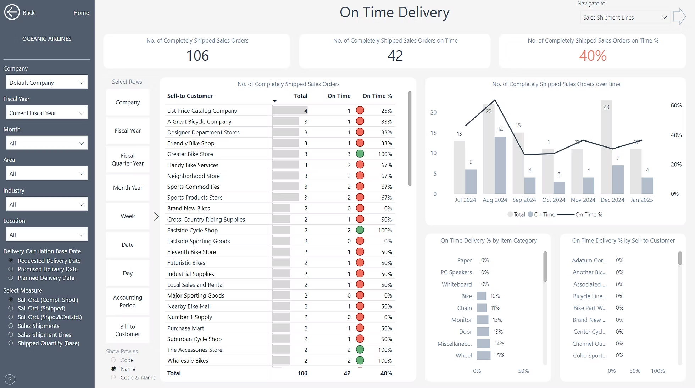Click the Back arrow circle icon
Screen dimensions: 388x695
tap(12, 12)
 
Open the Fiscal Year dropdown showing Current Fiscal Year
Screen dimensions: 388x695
tap(46, 113)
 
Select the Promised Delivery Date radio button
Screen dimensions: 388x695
tap(11, 269)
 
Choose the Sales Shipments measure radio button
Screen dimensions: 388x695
tap(11, 326)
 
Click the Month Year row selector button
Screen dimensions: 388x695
tap(128, 188)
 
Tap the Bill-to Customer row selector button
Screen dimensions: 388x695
tap(128, 330)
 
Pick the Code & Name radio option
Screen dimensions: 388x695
tap(113, 377)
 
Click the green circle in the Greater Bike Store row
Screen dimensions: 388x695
tap(360, 154)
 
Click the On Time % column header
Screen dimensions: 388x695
tap(377, 96)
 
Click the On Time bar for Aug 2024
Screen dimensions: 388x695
tap(500, 165)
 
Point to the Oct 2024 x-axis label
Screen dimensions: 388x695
tap(554, 200)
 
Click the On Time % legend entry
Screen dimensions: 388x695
tap(589, 215)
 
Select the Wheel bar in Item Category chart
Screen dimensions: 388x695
tap(483, 355)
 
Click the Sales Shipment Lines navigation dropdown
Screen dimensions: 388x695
tap(624, 17)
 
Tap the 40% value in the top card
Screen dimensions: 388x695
tap(593, 56)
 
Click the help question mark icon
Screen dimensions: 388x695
tap(10, 379)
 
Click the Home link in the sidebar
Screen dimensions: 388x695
tap(81, 13)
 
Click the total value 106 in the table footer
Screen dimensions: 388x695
tap(302, 373)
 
